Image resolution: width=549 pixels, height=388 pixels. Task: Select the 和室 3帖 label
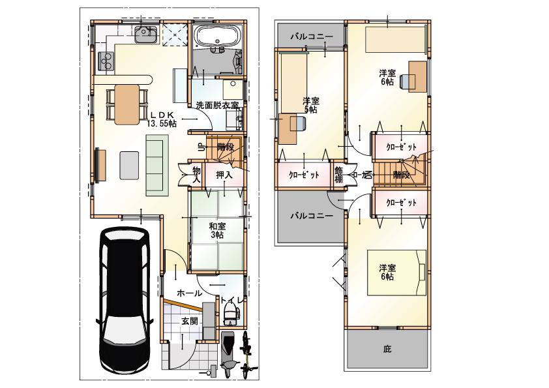click(216, 230)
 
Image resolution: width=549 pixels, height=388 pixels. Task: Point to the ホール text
click(189, 293)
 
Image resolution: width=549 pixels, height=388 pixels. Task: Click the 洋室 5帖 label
click(311, 105)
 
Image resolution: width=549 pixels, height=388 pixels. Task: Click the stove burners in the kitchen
click(105, 61)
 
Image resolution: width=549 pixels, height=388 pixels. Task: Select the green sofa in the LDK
click(157, 165)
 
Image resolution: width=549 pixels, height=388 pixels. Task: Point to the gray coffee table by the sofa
click(128, 164)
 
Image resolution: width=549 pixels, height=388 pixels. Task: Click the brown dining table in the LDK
click(127, 104)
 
